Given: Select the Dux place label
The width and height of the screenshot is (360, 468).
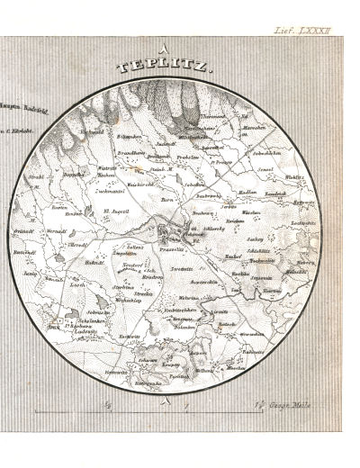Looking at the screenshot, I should [x=54, y=328].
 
